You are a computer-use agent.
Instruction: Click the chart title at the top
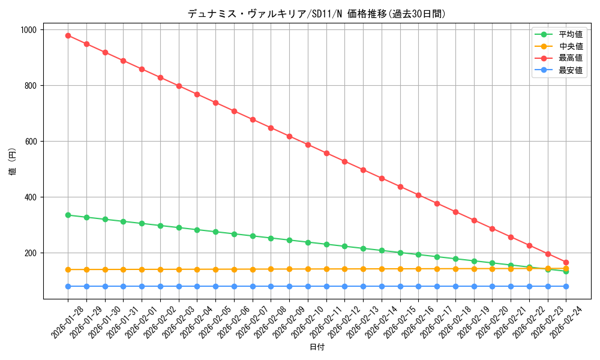[x=317, y=14]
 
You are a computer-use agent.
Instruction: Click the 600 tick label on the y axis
[x=30, y=142]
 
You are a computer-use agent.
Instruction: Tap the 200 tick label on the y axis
[x=30, y=253]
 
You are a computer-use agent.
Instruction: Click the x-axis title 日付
[x=317, y=347]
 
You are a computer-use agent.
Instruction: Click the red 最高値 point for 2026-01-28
[x=68, y=35]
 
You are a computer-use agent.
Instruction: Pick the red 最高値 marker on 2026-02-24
[x=566, y=262]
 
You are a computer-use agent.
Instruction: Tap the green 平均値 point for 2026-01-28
[x=68, y=215]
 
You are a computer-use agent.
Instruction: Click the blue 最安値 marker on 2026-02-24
[x=566, y=286]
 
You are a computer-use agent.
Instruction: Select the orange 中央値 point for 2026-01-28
[x=68, y=269]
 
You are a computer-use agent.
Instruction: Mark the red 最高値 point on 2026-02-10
[x=308, y=145]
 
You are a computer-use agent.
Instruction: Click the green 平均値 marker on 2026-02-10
[x=308, y=242]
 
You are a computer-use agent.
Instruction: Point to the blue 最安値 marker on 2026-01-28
[x=68, y=286]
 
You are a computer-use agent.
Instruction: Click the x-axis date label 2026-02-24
[x=568, y=322]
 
